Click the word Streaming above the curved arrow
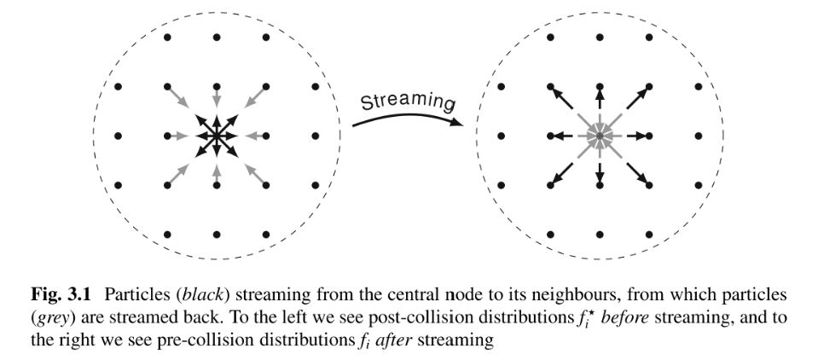point(406,101)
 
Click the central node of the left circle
point(216,136)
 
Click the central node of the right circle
point(600,136)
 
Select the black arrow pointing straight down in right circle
point(600,169)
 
